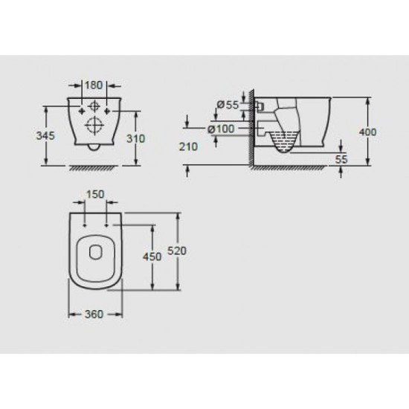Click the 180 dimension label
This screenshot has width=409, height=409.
coord(94,84)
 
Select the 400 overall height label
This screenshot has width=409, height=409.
coord(367,132)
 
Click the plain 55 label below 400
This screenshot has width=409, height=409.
coord(341,160)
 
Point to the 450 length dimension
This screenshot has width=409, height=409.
coord(152,257)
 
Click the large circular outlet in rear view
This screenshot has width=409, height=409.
coord(94,125)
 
